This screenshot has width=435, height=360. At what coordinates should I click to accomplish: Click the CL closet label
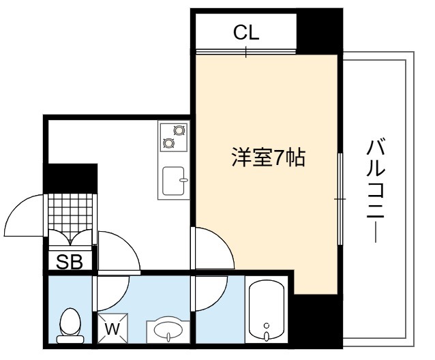click(x=246, y=33)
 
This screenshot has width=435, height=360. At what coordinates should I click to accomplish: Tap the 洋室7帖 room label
click(x=269, y=157)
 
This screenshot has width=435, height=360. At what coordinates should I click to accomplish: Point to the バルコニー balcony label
click(x=376, y=192)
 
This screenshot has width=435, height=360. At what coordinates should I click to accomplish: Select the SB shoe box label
click(x=70, y=262)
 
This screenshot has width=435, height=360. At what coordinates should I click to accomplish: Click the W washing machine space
click(x=112, y=329)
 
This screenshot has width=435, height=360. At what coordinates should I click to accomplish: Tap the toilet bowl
click(x=70, y=326)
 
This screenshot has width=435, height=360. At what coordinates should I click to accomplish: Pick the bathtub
click(x=267, y=310)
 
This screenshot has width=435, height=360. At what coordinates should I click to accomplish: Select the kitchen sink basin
click(x=173, y=181)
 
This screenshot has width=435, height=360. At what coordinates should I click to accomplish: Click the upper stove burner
click(x=179, y=130)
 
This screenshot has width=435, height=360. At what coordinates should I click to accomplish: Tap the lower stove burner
click(x=168, y=142)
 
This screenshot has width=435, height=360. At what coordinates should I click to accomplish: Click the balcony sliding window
click(x=340, y=198)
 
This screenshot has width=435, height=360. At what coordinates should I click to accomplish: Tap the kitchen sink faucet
click(x=183, y=180)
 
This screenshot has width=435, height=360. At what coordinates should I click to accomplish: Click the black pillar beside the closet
click(x=319, y=31)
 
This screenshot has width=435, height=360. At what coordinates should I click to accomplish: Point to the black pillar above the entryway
click(x=70, y=179)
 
